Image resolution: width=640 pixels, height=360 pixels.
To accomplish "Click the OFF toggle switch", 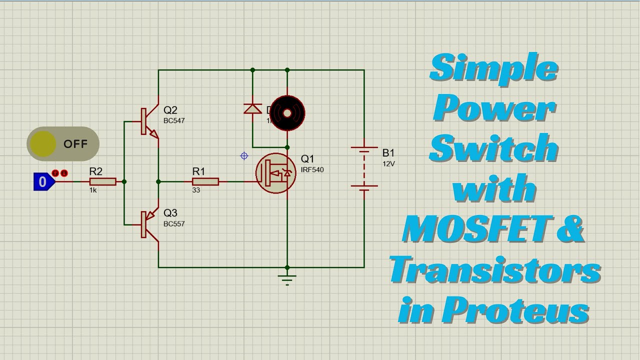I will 63,144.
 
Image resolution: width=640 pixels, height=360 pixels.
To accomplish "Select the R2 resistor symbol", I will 103,181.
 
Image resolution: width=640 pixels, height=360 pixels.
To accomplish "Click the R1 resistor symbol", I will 205,181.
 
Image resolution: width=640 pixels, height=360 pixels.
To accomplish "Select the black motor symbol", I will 287,113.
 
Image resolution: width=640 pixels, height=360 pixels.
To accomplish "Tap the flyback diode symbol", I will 252,108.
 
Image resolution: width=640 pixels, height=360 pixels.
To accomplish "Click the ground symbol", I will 287,278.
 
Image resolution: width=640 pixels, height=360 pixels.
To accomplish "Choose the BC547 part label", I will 174,121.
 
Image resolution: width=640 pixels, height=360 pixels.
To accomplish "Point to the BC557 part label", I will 174,224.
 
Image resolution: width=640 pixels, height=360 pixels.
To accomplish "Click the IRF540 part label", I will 312,170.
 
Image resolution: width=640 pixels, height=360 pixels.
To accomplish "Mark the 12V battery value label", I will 389,164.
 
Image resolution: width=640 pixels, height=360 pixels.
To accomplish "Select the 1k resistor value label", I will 93,190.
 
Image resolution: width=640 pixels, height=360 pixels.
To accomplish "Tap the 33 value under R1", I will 196,190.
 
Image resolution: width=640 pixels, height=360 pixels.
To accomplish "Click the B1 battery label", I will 388,153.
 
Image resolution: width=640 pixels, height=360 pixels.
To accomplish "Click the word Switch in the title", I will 493,148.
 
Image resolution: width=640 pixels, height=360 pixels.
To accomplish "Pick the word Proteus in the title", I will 515,309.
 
